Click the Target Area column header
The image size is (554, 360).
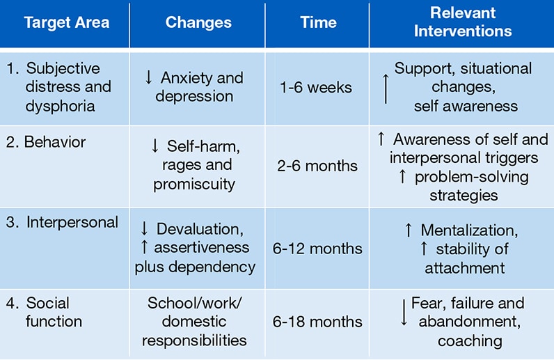tap(67, 23)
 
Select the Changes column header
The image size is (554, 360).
tap(198, 23)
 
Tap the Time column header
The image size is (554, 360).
tap(318, 23)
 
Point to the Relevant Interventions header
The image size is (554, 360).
tap(463, 22)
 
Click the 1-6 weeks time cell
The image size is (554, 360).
tap(316, 87)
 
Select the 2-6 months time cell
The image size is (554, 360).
tap(317, 166)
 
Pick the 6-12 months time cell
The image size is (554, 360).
tap(317, 249)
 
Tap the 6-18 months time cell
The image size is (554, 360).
tap(317, 322)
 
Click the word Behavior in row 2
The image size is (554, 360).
tap(55, 142)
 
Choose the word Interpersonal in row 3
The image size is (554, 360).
tap(72, 222)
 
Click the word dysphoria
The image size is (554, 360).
tap(60, 106)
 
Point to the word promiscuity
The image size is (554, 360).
tap(194, 185)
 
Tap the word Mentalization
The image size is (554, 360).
tap(469, 230)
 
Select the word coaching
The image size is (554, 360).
tap(470, 341)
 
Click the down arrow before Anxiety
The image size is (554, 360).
tap(149, 77)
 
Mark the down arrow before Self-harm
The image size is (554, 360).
tap(155, 146)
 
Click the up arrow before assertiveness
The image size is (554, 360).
tap(144, 246)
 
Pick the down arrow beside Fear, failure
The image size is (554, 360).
tap(404, 312)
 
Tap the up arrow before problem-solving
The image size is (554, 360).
tap(402, 176)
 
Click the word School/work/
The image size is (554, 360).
tap(195, 303)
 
